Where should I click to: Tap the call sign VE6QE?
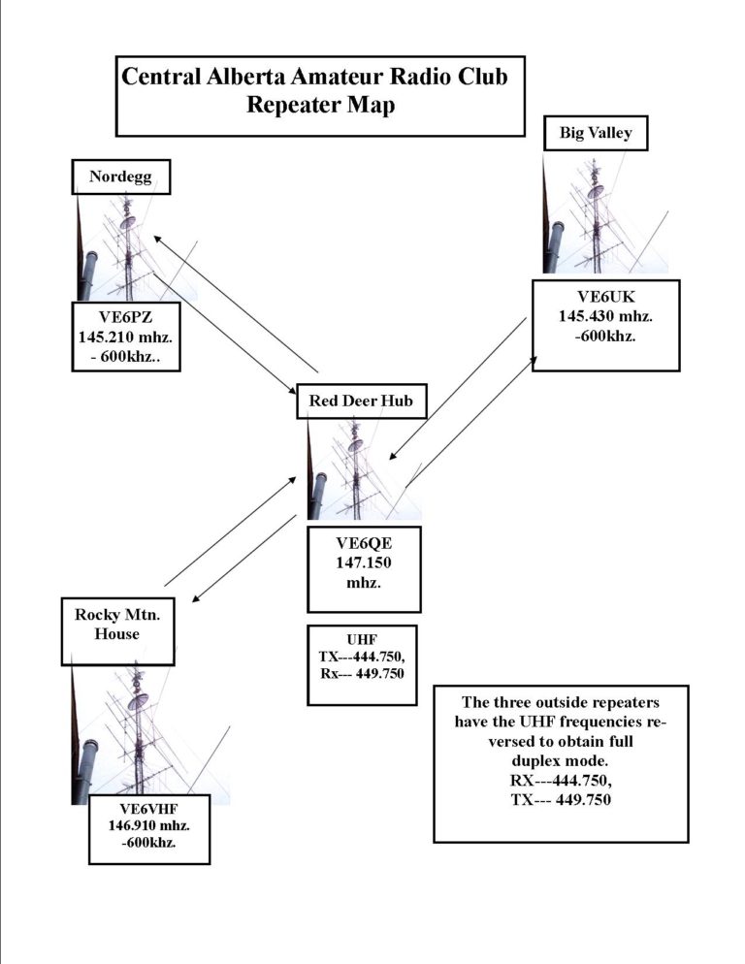[x=364, y=543]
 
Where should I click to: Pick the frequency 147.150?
[x=364, y=562]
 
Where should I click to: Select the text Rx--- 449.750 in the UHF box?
[x=362, y=674]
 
